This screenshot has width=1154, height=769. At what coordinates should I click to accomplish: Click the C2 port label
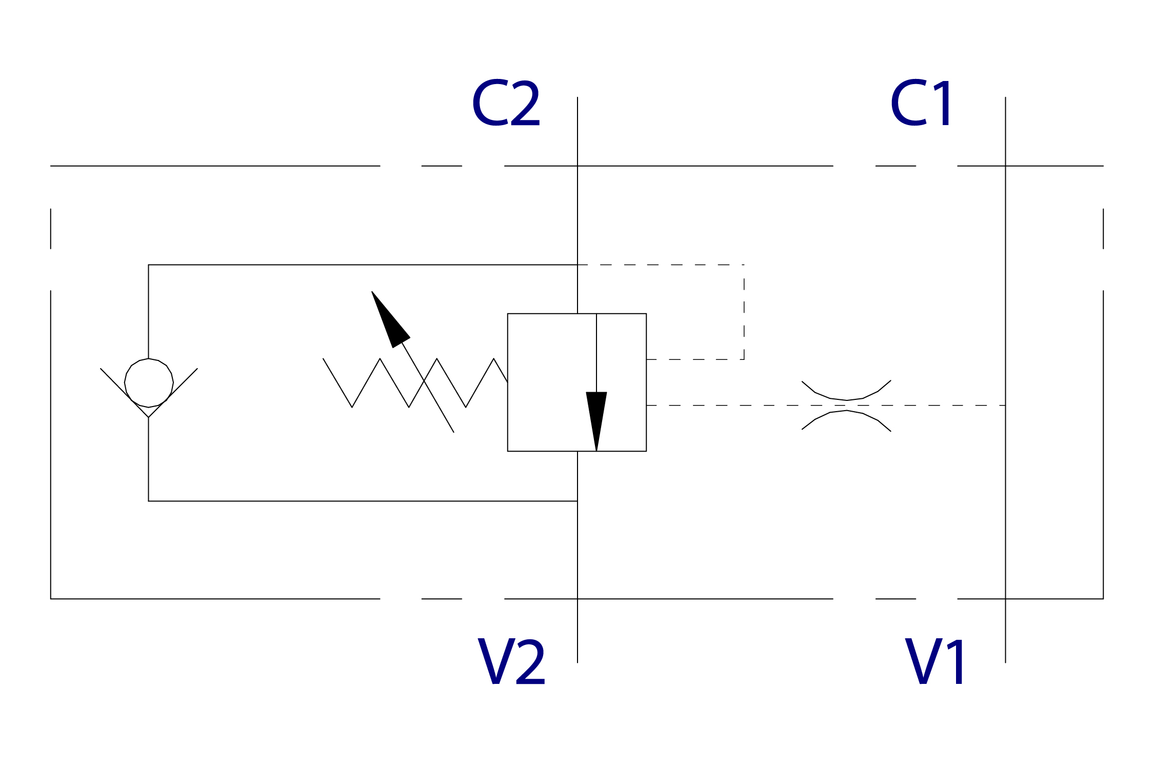(x=506, y=103)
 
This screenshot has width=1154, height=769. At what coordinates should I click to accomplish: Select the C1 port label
(x=921, y=103)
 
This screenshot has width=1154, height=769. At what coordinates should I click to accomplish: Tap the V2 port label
(x=511, y=661)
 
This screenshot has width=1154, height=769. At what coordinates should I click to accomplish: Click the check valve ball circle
(x=149, y=383)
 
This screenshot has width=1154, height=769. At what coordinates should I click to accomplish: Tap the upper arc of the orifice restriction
(x=846, y=396)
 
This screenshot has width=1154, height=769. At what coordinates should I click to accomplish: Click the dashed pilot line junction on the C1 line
(x=1005, y=406)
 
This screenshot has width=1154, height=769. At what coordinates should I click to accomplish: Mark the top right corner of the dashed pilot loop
(x=744, y=265)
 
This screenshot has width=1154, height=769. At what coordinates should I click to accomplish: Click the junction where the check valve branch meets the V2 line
(x=578, y=501)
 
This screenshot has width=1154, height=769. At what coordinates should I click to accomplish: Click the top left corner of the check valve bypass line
(x=149, y=265)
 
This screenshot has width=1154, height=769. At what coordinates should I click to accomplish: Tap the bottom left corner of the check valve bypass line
(x=149, y=501)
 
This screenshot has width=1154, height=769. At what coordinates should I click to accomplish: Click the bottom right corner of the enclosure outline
(x=1103, y=599)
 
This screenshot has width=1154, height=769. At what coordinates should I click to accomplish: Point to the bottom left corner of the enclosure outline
(x=51, y=599)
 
